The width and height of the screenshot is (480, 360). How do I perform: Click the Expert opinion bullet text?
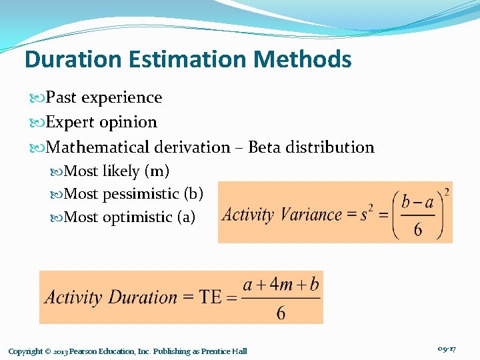click(101, 122)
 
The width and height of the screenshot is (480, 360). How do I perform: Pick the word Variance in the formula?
click(311, 215)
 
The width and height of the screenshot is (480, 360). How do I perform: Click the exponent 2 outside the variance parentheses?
click(446, 193)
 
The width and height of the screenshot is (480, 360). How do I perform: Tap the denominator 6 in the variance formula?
click(418, 229)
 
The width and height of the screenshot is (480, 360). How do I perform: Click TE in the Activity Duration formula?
click(211, 297)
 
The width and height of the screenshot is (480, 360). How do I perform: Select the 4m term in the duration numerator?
click(281, 285)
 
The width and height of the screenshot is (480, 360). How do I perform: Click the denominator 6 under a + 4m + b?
click(281, 313)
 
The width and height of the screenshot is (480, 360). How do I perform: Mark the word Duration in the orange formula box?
click(145, 297)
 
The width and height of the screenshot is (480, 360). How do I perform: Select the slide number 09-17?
click(447, 349)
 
